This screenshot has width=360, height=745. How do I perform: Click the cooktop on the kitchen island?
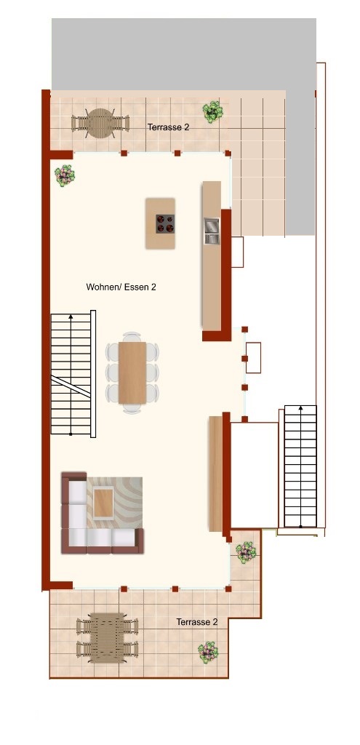click(165, 223)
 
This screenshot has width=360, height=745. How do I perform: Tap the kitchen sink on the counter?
click(212, 231)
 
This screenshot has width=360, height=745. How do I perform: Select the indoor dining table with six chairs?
click(132, 372)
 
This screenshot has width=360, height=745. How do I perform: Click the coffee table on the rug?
click(103, 503)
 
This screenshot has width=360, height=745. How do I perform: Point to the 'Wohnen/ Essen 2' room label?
click(121, 287)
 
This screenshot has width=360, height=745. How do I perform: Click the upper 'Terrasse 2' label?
click(168, 127)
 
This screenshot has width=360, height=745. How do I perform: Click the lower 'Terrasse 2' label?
click(197, 622)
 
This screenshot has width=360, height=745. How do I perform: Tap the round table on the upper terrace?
click(100, 123)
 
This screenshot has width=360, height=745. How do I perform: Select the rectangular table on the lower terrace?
click(107, 637)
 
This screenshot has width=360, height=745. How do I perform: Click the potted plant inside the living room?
click(65, 175)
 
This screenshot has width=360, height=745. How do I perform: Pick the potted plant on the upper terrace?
click(213, 111)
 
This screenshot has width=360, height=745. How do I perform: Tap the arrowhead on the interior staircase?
click(71, 316)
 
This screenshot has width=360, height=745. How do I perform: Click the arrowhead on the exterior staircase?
click(300, 408)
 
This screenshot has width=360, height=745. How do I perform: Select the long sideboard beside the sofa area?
click(215, 474)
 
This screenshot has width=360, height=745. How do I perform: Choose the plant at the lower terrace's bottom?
click(208, 653)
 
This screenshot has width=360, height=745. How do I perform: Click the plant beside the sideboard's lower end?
click(246, 552)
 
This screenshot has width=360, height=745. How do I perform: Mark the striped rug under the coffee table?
click(114, 503)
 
